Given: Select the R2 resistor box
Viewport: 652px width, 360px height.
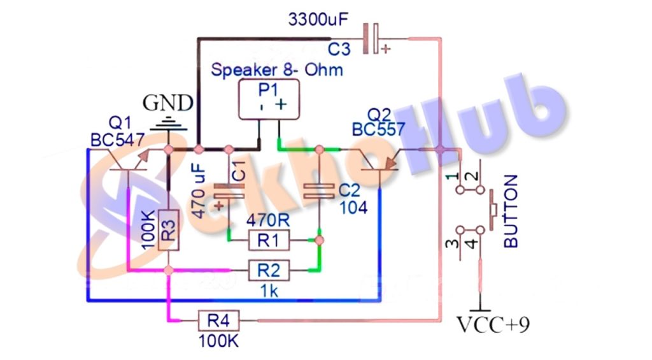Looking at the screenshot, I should pyautogui.click(x=268, y=271).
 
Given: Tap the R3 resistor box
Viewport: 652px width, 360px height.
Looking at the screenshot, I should pyautogui.click(x=168, y=230).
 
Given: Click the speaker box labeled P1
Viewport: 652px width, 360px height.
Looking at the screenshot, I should pyautogui.click(x=268, y=100).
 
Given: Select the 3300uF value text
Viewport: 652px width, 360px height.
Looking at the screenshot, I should pyautogui.click(x=318, y=20).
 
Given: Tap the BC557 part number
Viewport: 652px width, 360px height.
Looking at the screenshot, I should pyautogui.click(x=378, y=130).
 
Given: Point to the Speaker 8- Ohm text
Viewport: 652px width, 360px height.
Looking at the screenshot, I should pyautogui.click(x=276, y=69).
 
